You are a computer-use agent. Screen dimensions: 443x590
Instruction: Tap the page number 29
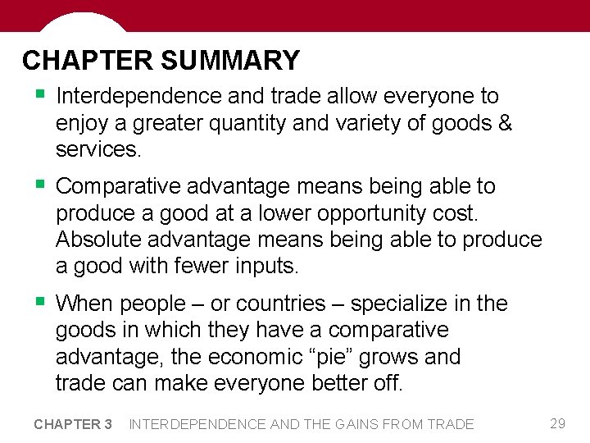(x=557, y=423)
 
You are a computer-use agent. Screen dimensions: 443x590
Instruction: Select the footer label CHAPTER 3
(x=73, y=424)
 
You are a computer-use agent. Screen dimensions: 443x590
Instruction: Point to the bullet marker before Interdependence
(x=39, y=94)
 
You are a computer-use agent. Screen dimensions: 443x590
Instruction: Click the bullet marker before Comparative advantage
(x=39, y=185)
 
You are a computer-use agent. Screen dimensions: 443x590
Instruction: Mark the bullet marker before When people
(x=39, y=302)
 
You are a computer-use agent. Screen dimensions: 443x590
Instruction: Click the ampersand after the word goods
(x=505, y=124)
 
